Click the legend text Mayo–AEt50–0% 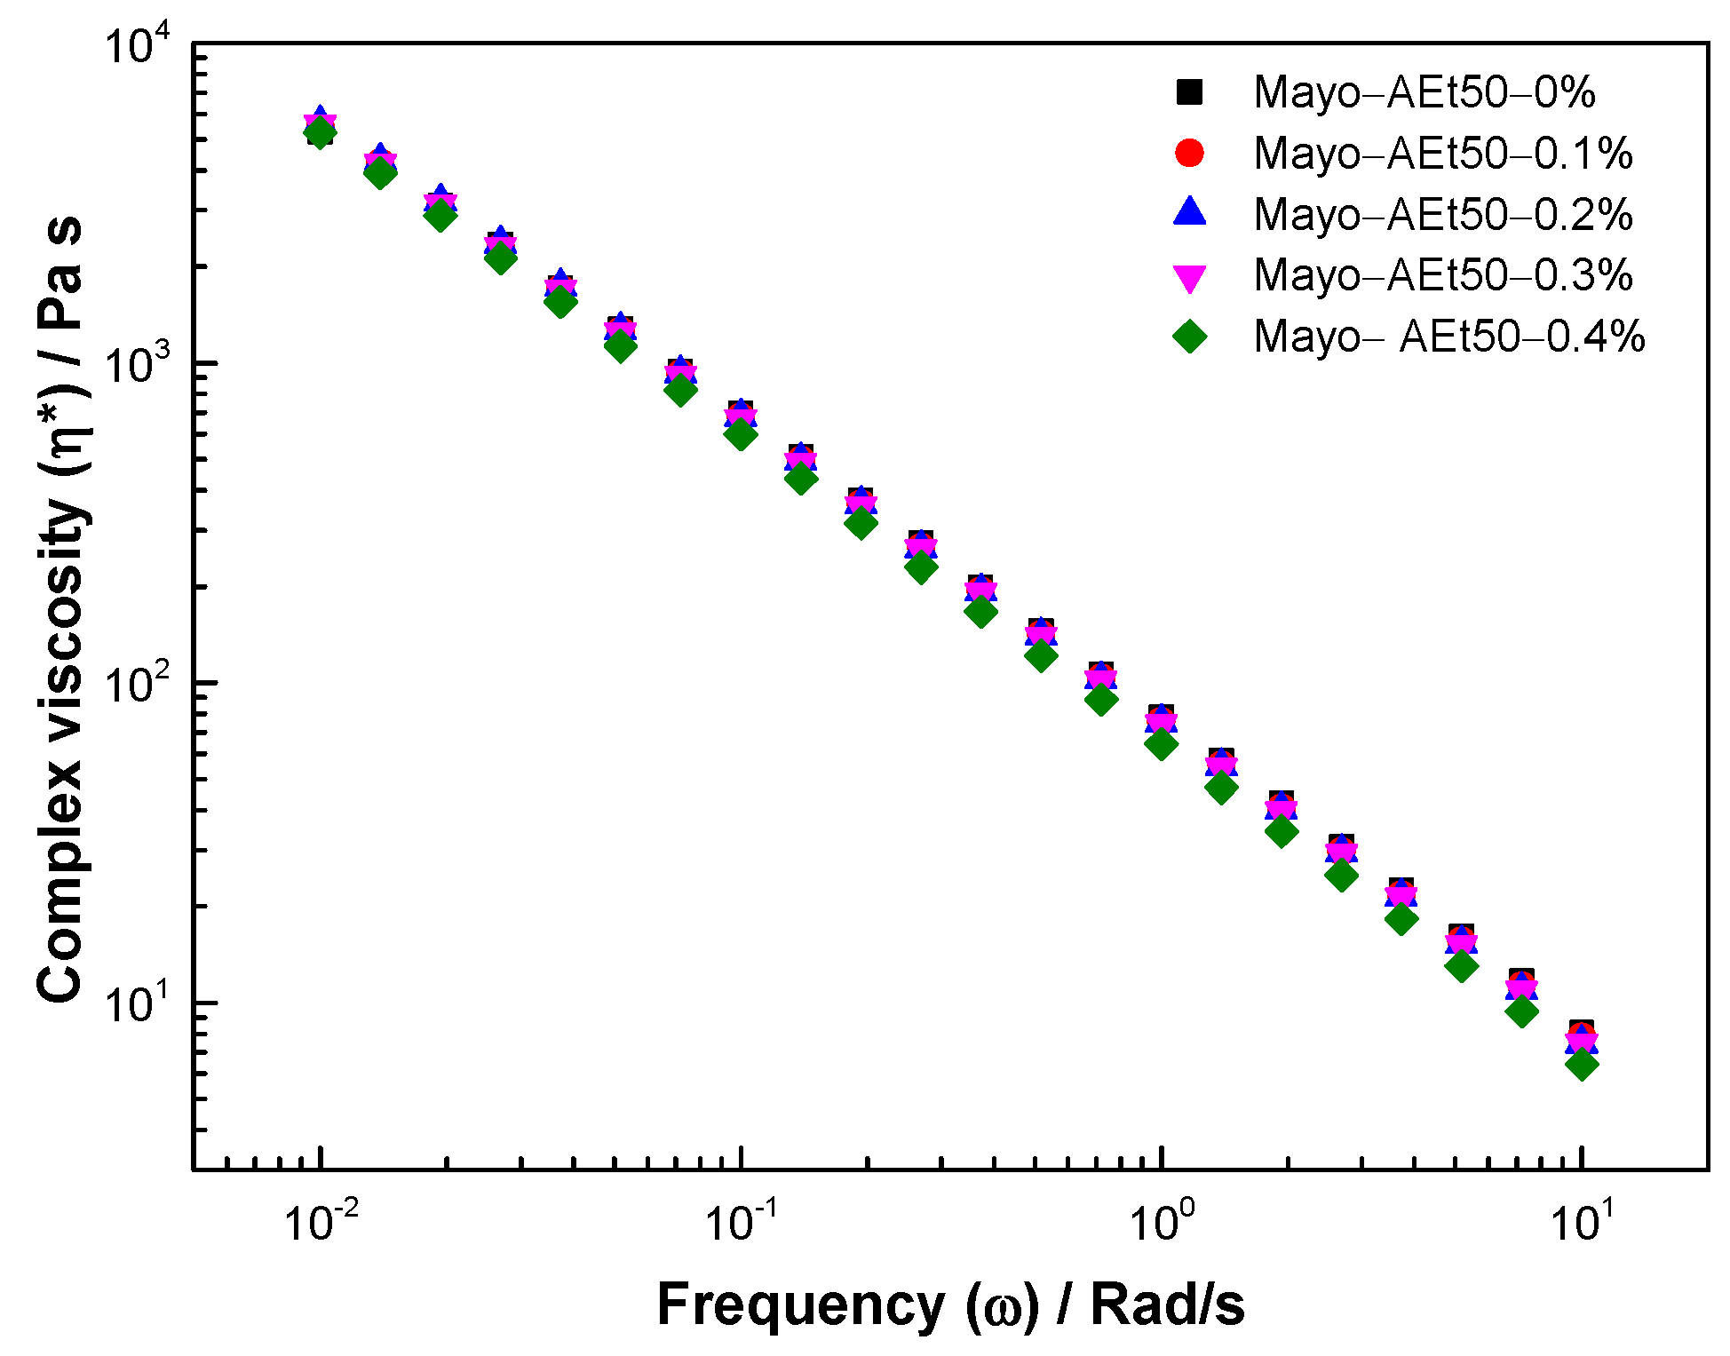click(1424, 92)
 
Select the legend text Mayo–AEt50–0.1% click(1443, 154)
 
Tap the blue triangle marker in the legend click(1189, 212)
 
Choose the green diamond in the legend click(1189, 336)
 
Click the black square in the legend click(1189, 92)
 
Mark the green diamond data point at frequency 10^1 click(1582, 1064)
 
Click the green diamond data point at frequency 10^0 click(1161, 743)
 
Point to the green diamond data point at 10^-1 click(740, 433)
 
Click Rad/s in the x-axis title click(1167, 1305)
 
